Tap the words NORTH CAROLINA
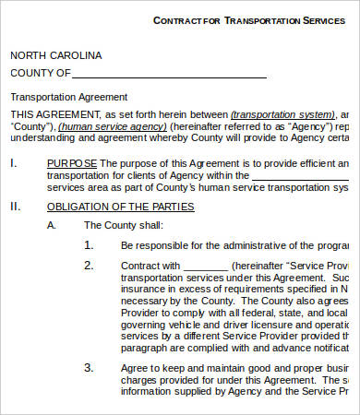click(x=56, y=55)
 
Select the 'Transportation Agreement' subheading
click(x=68, y=97)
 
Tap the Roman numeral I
click(x=13, y=163)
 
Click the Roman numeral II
click(x=15, y=207)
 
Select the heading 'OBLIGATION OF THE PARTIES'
click(x=120, y=207)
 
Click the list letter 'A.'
click(x=53, y=225)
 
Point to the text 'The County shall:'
click(x=124, y=225)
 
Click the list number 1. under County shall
click(x=89, y=245)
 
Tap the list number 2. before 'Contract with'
click(x=89, y=266)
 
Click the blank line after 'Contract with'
click(x=211, y=267)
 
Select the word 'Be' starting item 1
click(x=127, y=245)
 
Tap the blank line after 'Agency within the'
click(x=300, y=177)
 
